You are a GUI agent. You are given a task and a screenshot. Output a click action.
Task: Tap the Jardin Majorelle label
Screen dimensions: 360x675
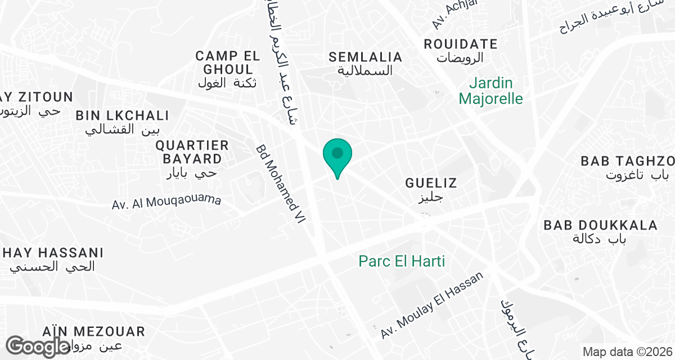[490, 91]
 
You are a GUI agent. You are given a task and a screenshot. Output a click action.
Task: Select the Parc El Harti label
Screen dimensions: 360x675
[402, 262]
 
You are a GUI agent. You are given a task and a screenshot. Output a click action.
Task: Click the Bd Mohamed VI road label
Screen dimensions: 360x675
[280, 184]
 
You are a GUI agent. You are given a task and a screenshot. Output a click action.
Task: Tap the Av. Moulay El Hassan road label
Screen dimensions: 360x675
[432, 305]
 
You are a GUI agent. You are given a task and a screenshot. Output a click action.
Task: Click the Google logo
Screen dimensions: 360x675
[38, 346]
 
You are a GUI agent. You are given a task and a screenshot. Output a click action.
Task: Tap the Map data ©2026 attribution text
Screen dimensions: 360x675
[627, 352]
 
